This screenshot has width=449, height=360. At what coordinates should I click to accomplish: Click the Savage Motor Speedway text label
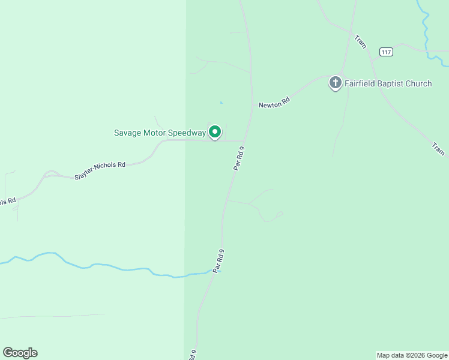point(160,133)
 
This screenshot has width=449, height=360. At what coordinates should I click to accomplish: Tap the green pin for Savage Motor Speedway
point(215,132)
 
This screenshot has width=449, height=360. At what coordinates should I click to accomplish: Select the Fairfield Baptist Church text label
point(388,83)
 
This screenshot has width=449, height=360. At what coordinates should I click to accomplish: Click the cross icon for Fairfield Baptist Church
point(335,83)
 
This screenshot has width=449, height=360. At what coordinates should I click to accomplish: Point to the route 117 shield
point(386,52)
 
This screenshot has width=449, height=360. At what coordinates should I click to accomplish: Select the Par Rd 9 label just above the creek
point(218,261)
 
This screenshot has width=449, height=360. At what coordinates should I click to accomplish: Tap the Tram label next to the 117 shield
point(360,41)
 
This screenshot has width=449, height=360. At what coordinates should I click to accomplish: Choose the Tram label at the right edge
point(438,149)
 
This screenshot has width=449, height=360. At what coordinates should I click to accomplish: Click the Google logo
point(20,353)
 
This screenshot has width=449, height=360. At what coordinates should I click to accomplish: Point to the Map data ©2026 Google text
point(412,355)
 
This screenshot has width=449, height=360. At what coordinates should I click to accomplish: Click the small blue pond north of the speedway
point(221,103)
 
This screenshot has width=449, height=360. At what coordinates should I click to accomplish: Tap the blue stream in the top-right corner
point(427,36)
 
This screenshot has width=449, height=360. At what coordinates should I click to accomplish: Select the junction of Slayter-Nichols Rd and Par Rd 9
point(244,141)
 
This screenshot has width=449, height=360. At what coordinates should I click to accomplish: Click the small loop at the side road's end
point(279,214)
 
